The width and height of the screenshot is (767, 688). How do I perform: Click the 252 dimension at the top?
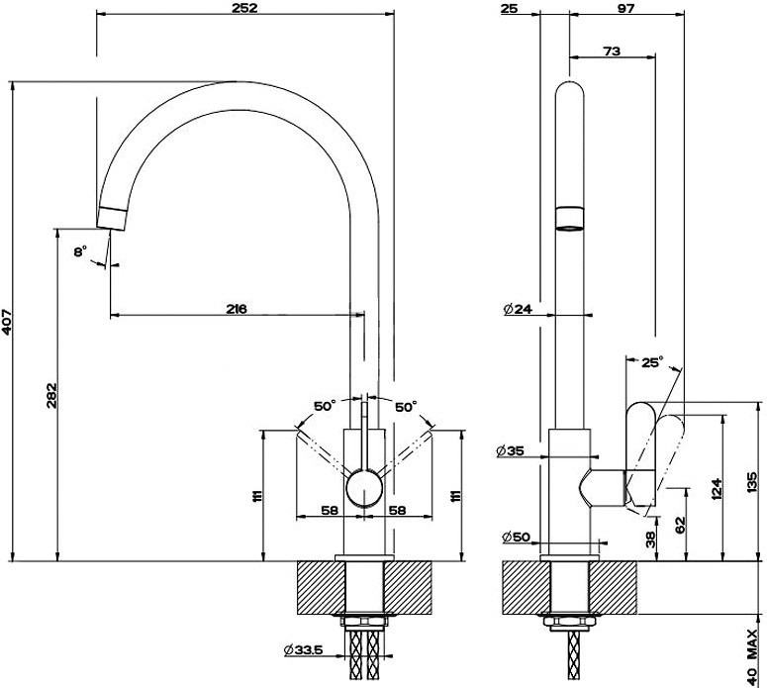244,9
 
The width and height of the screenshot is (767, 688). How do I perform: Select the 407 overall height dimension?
8,322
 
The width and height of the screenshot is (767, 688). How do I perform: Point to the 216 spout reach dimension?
236,309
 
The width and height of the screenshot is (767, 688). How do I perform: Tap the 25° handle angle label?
651,362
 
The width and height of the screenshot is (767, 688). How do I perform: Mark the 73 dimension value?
611,50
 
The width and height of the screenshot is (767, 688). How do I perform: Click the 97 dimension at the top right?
624,9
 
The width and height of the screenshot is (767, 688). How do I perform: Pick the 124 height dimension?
716,488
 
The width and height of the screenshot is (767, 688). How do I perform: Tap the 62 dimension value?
679,525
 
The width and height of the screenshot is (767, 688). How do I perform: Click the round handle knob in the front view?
364,489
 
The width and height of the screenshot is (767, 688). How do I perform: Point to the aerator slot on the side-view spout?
570,218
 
